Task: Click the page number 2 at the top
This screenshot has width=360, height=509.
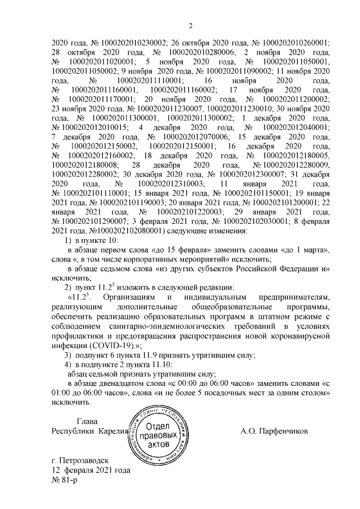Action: point(190,25)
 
